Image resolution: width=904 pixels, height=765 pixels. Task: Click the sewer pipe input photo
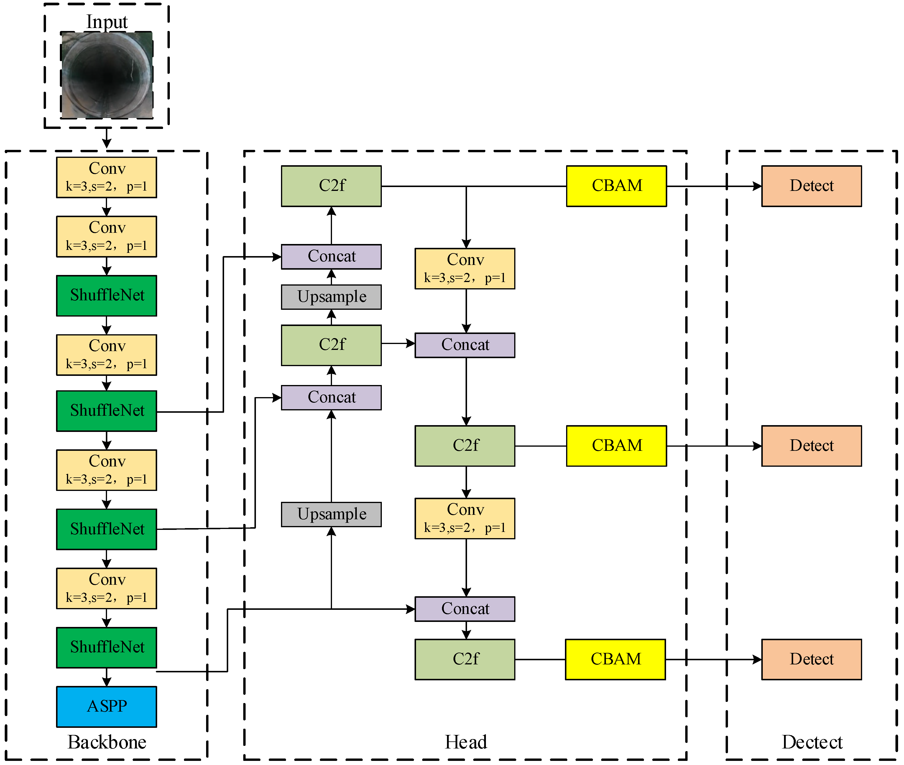coord(107,75)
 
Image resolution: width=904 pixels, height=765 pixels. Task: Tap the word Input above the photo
coord(107,22)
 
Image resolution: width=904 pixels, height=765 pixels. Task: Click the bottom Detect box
coord(811,659)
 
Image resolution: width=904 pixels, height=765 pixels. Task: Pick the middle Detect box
coord(811,446)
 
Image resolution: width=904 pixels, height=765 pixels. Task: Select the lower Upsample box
coord(331,514)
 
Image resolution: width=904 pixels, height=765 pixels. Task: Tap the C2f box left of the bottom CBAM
coord(465,659)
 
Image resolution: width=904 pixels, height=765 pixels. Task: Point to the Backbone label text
coord(107,742)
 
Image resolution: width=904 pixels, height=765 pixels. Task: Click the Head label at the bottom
coord(466,742)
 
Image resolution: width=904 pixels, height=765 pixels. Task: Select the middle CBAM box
coord(616,446)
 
